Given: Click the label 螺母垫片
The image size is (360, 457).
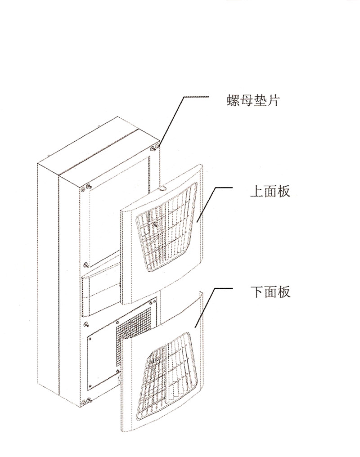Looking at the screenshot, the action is pos(253,101).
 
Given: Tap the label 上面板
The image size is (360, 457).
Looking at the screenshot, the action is pos(270,192).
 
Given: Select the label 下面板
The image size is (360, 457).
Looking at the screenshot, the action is pos(270,292).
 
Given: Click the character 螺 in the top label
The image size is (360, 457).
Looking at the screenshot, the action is pos(233,101).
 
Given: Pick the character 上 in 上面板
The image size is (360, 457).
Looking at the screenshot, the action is pos(257,192).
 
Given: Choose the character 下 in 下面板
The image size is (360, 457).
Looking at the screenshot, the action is pos(257,292).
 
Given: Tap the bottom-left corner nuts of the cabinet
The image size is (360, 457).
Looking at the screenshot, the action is pos(86,402).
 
